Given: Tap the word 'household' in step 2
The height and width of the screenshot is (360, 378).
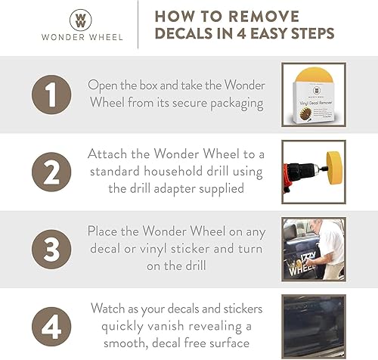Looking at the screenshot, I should [x=187, y=172].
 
